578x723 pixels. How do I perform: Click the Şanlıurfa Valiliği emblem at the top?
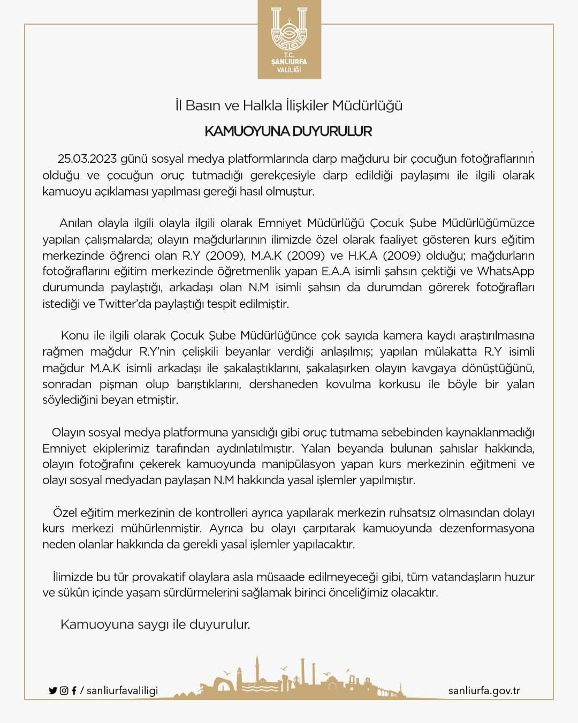pos(289,39)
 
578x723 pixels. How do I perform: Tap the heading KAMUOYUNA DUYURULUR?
pos(288,131)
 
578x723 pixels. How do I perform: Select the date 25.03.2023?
pos(87,159)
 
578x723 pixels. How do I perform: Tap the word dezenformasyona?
pos(486,529)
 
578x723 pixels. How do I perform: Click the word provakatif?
pos(159,577)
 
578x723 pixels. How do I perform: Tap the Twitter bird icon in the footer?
pos(52,691)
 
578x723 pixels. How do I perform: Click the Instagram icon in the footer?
pos(64,691)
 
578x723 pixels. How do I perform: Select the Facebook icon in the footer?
pos(74,691)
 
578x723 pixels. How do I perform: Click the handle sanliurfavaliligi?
pos(122,691)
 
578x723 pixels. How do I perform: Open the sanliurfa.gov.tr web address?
pos(484,691)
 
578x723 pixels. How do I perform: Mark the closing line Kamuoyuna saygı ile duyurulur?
pos(155,624)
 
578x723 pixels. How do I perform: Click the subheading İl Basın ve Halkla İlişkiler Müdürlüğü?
pos(289,106)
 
